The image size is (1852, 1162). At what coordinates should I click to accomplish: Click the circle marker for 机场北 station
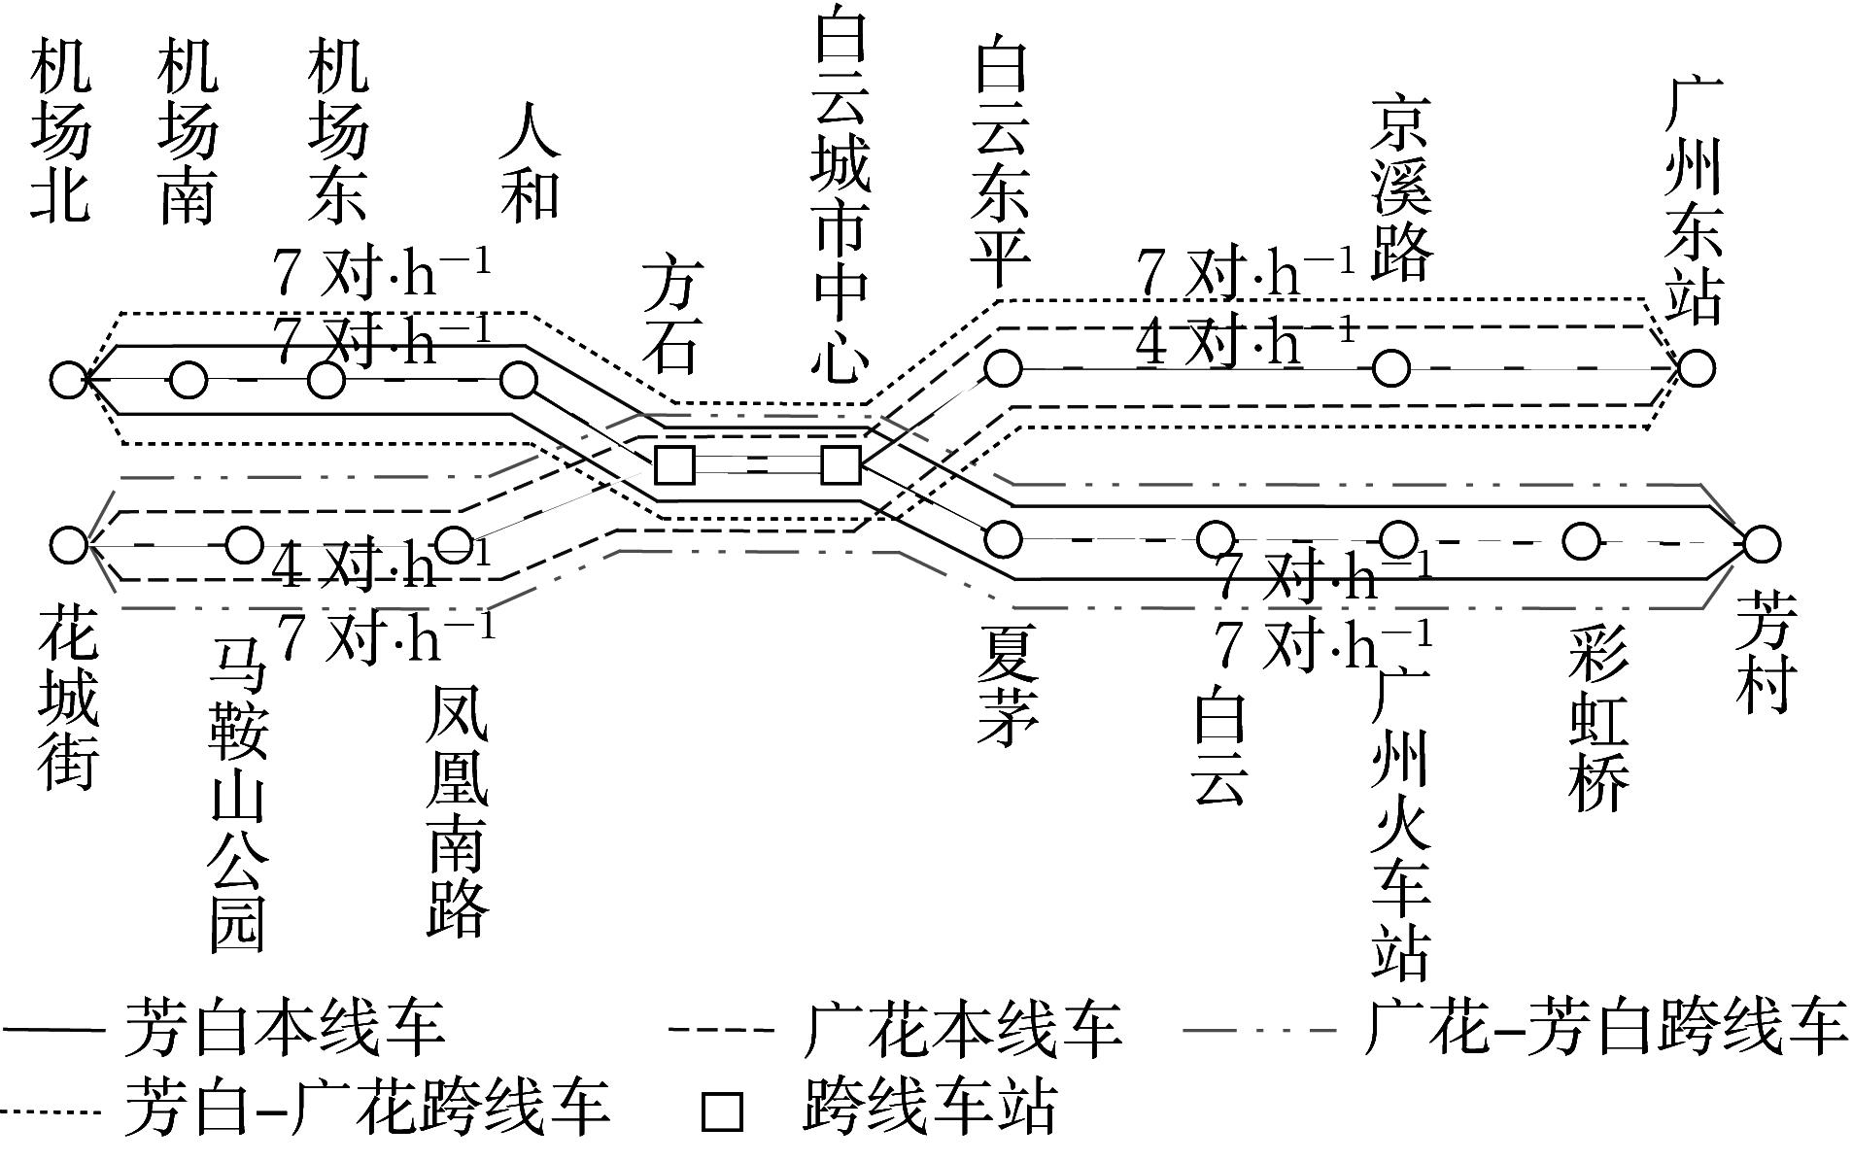69,380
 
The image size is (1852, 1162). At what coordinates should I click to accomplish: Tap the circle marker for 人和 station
519,380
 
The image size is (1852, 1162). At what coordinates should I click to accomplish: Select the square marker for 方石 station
674,465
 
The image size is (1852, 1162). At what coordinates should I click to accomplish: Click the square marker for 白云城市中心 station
840,465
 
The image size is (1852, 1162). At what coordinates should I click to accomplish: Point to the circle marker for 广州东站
1696,368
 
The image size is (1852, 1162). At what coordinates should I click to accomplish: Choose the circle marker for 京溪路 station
1391,368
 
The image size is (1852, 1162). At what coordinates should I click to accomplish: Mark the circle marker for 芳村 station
1760,544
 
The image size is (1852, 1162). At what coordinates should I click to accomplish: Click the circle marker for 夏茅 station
1004,537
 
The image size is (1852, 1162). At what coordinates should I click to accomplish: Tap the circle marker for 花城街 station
69,544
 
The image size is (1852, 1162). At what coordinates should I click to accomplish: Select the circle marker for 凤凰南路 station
453,544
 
